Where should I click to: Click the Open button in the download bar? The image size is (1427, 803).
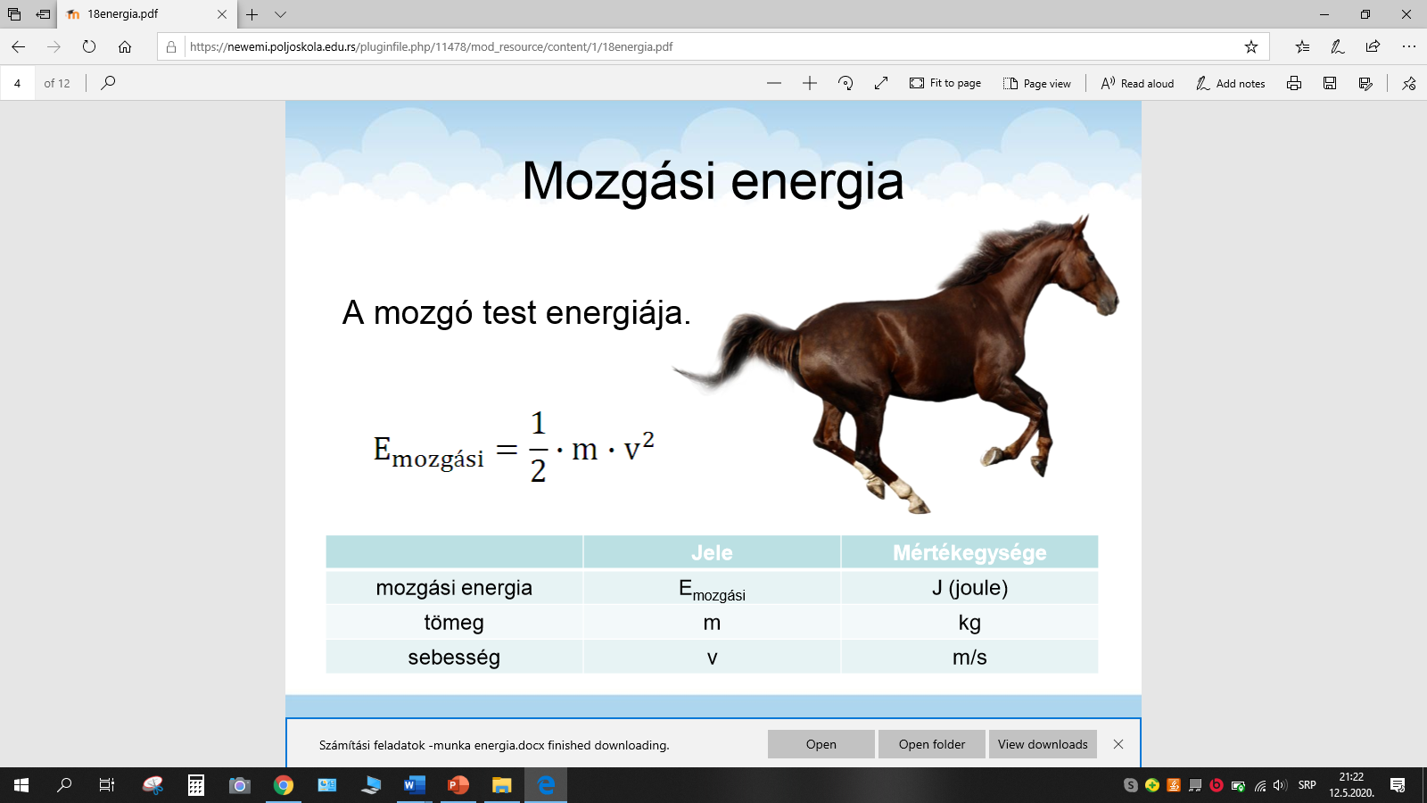point(821,744)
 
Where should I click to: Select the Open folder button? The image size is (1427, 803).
point(931,744)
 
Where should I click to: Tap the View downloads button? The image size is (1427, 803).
point(1043,744)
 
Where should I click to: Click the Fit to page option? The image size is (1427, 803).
point(945,84)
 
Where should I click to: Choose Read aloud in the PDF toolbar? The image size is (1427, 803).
point(1137,84)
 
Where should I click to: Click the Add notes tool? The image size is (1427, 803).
point(1230,84)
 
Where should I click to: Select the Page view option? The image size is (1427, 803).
point(1037,84)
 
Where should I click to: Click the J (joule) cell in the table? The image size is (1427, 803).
point(969,588)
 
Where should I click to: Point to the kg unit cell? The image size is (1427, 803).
point(969,622)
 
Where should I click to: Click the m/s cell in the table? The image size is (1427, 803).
point(969,657)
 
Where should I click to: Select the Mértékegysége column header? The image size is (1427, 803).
point(969,552)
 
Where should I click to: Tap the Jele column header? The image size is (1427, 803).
point(712,552)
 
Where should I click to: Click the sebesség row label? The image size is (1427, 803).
point(454,657)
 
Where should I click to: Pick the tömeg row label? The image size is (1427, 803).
point(454,622)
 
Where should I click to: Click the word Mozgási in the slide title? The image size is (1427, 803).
point(619,182)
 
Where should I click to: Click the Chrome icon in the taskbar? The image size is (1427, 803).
point(284,785)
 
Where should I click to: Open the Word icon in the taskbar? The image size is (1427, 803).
point(414,785)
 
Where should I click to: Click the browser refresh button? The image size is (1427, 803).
point(89,46)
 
